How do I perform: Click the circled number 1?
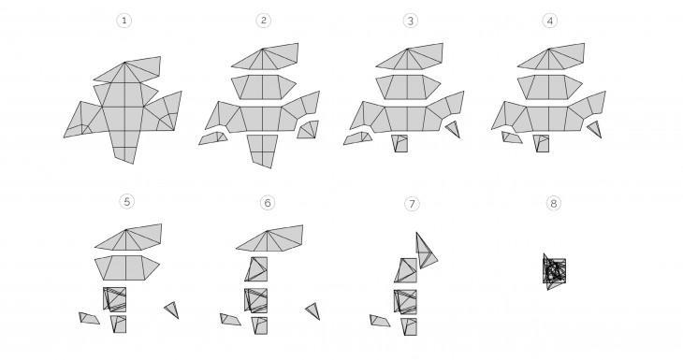click(x=124, y=21)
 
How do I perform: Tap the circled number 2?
click(x=264, y=21)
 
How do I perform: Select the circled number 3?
click(x=410, y=21)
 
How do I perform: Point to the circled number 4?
click(x=550, y=21)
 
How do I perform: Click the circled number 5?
click(x=126, y=202)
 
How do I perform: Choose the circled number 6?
click(x=268, y=202)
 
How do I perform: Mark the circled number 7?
click(x=412, y=203)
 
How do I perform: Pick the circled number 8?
click(x=553, y=203)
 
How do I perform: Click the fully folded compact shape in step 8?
click(x=554, y=271)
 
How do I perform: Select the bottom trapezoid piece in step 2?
click(x=263, y=149)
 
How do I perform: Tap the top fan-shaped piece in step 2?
click(x=267, y=57)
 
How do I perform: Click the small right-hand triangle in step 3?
click(x=453, y=129)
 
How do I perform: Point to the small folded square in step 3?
click(x=400, y=143)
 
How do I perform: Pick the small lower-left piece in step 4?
click(x=512, y=137)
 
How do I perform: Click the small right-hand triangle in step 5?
click(x=172, y=310)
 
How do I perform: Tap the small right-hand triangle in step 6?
click(x=313, y=310)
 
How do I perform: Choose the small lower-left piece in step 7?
click(x=380, y=321)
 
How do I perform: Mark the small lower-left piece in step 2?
click(x=213, y=138)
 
